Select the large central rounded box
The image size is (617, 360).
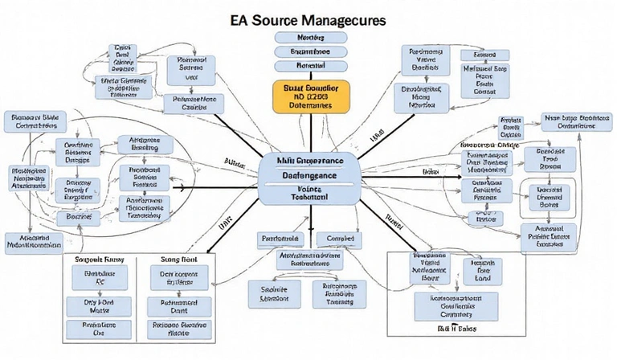click(308, 179)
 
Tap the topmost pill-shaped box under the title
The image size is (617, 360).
click(308, 38)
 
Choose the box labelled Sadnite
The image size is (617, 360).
click(268, 292)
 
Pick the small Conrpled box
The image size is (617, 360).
click(334, 239)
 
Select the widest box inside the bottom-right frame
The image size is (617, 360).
click(454, 306)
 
